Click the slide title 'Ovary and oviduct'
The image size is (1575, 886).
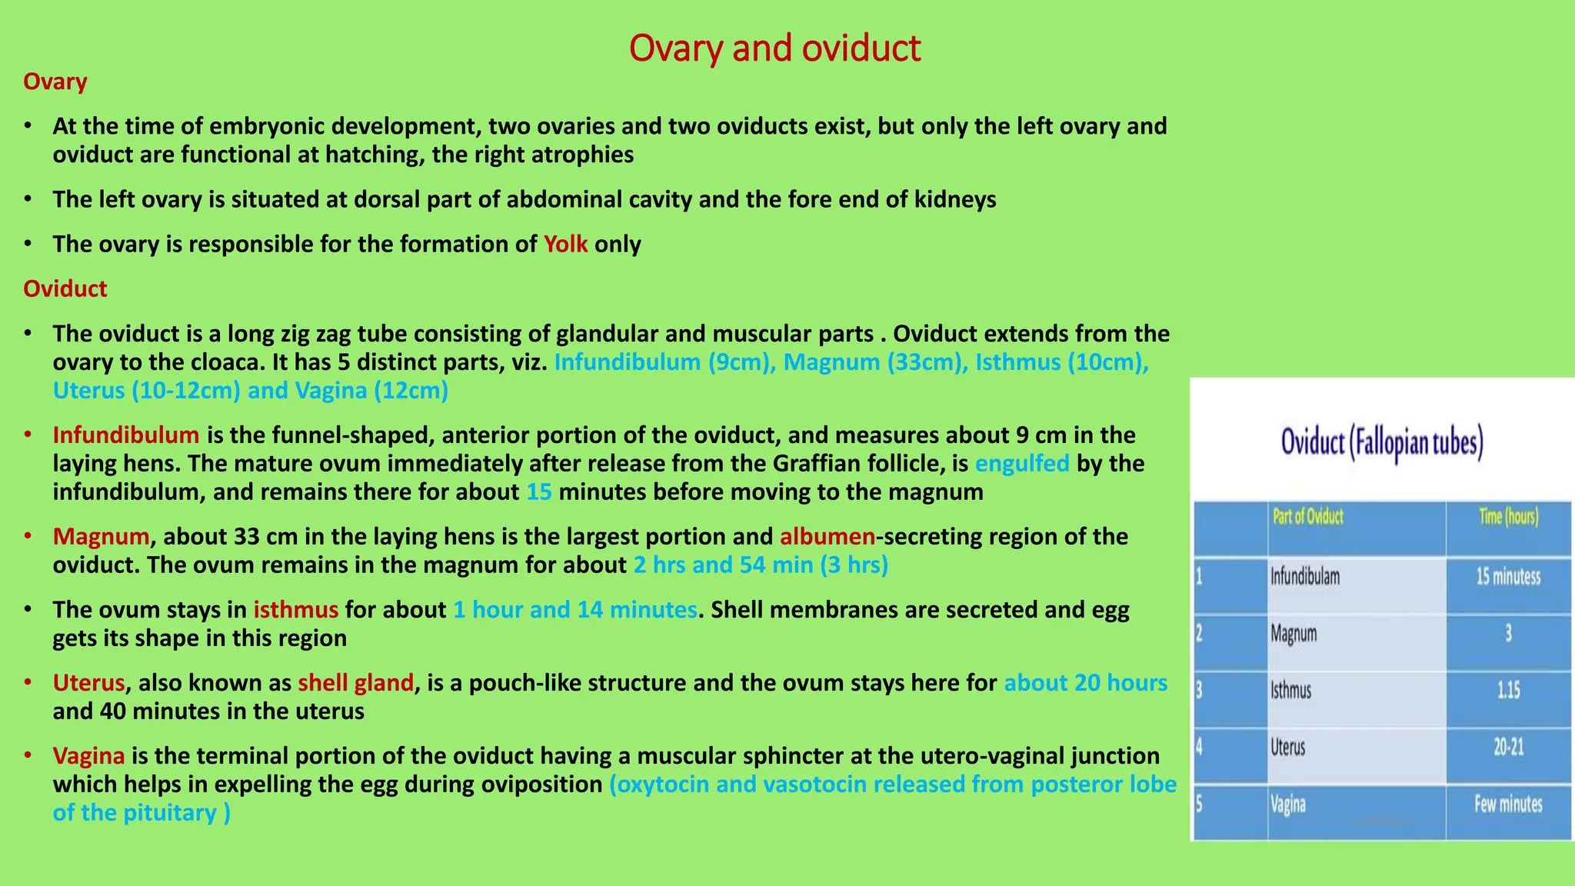774,48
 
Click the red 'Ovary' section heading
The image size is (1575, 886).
55,82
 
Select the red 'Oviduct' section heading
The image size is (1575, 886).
65,289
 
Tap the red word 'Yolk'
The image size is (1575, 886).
565,245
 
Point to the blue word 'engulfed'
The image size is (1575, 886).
1022,464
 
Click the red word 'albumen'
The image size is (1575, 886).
827,537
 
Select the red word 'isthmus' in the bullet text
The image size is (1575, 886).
296,610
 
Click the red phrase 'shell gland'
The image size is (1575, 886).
356,683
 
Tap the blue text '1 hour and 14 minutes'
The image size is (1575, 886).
575,610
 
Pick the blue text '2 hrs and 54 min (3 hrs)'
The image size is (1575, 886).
761,565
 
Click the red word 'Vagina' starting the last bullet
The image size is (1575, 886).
89,756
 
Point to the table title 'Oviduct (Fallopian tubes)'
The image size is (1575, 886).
1382,443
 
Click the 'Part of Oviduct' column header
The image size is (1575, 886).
1307,517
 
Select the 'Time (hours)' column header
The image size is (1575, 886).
1508,517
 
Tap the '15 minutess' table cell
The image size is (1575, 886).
1508,577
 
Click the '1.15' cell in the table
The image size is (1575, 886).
1508,691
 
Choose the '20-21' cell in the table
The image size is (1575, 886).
1508,748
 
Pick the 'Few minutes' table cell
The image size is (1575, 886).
1508,805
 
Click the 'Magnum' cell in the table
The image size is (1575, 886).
1294,635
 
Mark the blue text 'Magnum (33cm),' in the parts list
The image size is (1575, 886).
876,362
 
